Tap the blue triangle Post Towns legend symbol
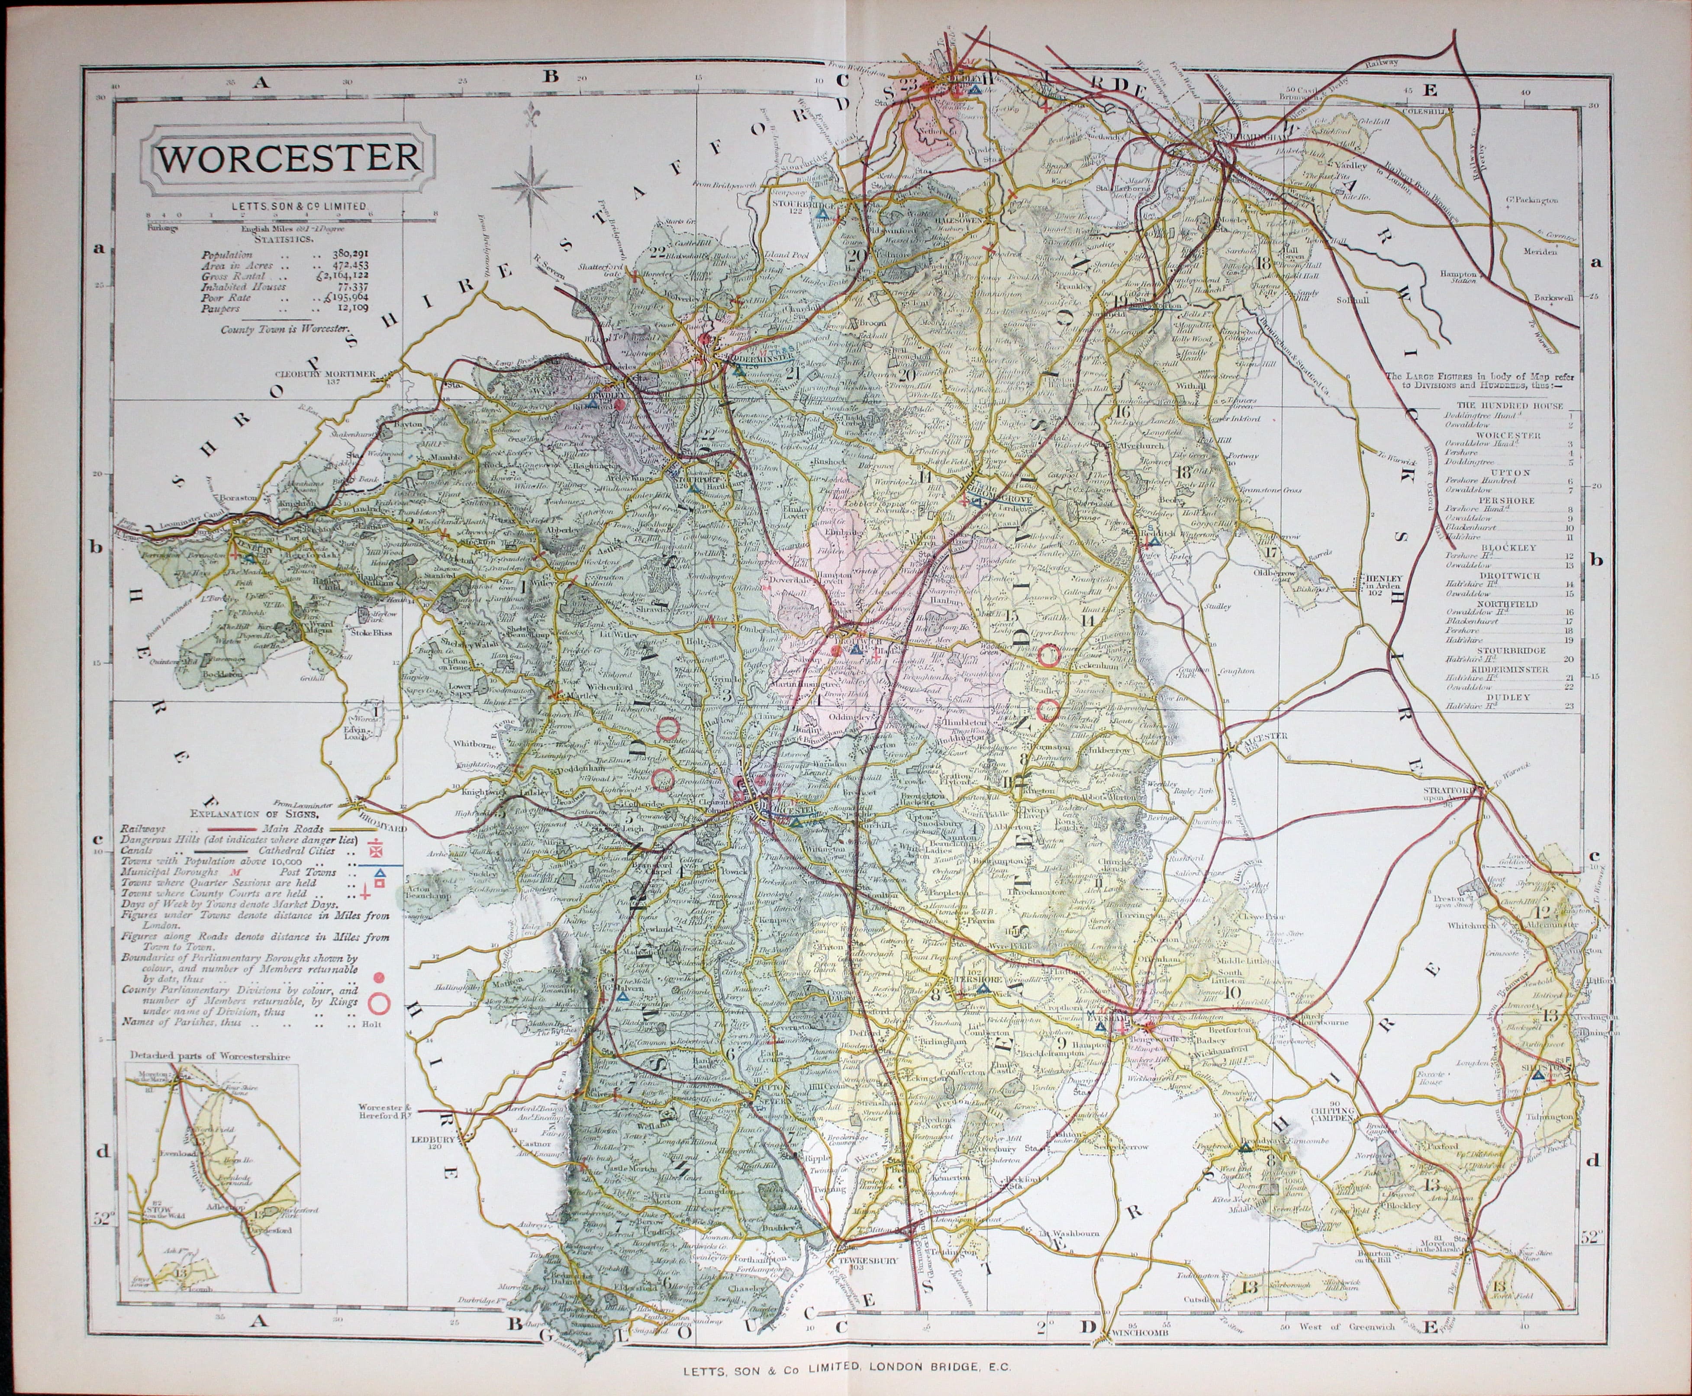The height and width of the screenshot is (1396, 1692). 380,873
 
